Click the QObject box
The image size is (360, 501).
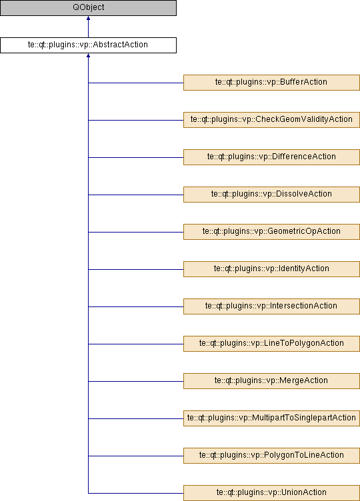click(88, 8)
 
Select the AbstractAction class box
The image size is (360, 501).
click(88, 45)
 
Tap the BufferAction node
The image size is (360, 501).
click(271, 83)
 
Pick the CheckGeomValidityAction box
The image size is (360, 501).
click(271, 120)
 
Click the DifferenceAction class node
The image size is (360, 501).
click(271, 157)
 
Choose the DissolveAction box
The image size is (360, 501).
click(271, 195)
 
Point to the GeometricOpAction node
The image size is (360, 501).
click(271, 232)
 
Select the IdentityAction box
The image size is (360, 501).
click(271, 269)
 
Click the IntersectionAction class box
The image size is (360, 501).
click(271, 306)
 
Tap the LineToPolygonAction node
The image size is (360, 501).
click(271, 344)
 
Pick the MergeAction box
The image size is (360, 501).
click(271, 381)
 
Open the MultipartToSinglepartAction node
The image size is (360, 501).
click(271, 418)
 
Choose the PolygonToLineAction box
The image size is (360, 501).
click(271, 456)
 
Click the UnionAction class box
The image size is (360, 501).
click(271, 493)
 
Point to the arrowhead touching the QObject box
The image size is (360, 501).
click(88, 18)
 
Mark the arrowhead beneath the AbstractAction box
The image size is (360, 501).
click(88, 55)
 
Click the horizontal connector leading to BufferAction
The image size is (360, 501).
click(136, 83)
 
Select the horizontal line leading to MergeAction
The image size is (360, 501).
click(136, 381)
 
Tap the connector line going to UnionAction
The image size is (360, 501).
click(136, 493)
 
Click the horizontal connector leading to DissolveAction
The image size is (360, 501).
click(136, 195)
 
